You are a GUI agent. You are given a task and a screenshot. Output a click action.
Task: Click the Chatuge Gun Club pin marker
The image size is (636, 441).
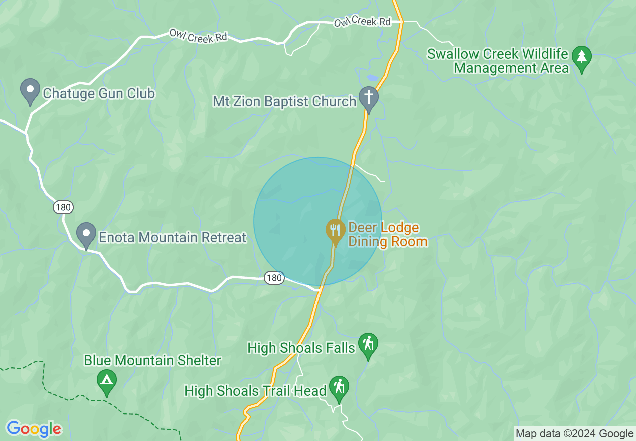click(x=30, y=91)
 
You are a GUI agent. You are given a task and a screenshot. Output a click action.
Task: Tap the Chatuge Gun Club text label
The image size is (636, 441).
click(x=99, y=93)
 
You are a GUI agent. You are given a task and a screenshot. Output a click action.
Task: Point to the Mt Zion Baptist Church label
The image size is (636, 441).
click(x=284, y=101)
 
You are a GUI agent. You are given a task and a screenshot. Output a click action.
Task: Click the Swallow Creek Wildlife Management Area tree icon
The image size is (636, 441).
click(x=582, y=58)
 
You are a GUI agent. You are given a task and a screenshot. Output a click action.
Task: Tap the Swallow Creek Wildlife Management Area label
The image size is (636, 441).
click(x=498, y=61)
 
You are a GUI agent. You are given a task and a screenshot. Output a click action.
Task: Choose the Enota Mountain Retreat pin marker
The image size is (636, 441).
click(x=86, y=235)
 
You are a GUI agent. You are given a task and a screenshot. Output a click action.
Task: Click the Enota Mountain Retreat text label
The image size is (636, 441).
click(x=173, y=237)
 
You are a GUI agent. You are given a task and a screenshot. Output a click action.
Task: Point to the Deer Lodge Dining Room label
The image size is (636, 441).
click(x=388, y=235)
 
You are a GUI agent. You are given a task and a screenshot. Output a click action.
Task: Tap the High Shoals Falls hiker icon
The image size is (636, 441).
click(x=369, y=345)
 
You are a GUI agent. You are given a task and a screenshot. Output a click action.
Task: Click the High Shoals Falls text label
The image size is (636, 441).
click(x=301, y=348)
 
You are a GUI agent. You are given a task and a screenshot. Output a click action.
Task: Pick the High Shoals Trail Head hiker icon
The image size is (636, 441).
click(x=339, y=388)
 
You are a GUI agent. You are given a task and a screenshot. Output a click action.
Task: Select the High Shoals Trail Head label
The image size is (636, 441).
click(x=255, y=391)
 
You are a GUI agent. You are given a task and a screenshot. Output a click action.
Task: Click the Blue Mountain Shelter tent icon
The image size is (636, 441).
click(x=106, y=381)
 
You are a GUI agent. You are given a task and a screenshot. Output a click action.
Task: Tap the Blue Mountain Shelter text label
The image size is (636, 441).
click(x=152, y=360)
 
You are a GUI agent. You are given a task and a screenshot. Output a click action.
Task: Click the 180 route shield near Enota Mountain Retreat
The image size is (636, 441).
click(x=64, y=207)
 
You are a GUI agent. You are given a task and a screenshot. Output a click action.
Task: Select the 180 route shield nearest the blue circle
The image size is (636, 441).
click(x=274, y=278)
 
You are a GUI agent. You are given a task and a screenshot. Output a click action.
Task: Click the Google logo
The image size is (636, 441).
click(x=34, y=429)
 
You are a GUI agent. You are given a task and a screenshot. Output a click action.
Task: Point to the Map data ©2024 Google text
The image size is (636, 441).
click(x=575, y=434)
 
